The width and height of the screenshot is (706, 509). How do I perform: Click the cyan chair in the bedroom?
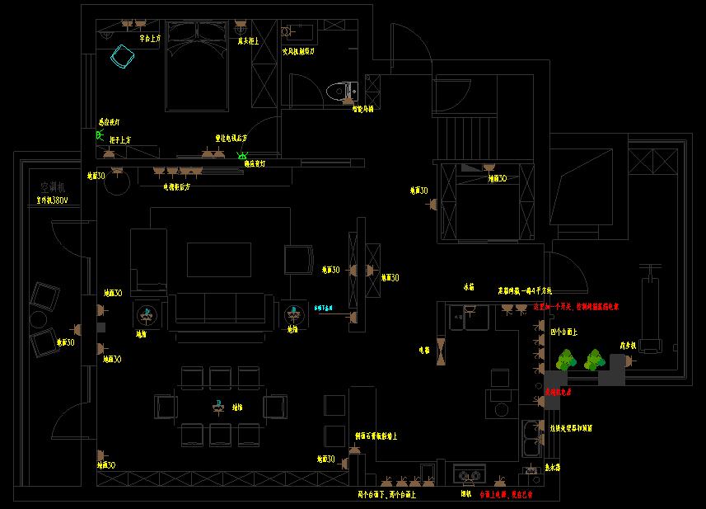[124, 57]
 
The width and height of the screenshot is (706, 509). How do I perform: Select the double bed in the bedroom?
[196, 66]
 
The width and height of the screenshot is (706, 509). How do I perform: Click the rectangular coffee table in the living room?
[218, 259]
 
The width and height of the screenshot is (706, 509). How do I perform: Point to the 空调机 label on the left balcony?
[51, 187]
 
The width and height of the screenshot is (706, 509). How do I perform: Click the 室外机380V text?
[51, 200]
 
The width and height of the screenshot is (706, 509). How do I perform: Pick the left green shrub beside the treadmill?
[565, 360]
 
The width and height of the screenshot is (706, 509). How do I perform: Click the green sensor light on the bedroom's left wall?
[100, 135]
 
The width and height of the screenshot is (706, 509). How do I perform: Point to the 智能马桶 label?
[362, 109]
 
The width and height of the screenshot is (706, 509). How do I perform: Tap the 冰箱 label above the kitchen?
[469, 288]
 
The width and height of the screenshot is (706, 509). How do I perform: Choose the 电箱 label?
[424, 350]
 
